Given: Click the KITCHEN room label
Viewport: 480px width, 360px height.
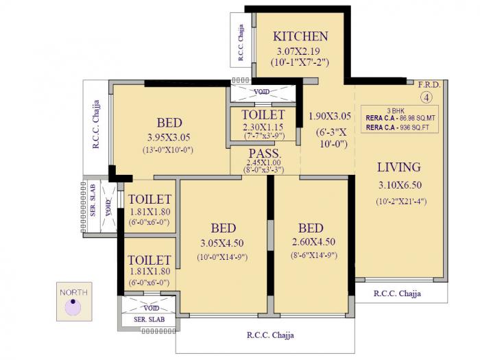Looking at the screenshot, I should pyautogui.click(x=300, y=36).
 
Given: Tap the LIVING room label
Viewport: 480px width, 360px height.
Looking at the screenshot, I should pyautogui.click(x=398, y=167).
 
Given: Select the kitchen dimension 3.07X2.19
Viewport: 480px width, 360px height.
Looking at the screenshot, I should pyautogui.click(x=300, y=51).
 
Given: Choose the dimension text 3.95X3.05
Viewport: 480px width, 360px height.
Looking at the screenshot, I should pyautogui.click(x=169, y=136).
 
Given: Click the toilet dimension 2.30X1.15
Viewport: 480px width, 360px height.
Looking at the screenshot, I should pyautogui.click(x=263, y=127).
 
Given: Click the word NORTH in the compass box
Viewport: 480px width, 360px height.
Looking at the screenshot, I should pyautogui.click(x=74, y=293).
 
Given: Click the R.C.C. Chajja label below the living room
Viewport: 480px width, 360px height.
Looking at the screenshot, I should pyautogui.click(x=397, y=293).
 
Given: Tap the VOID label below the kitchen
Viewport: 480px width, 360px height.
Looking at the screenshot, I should pyautogui.click(x=261, y=91).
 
